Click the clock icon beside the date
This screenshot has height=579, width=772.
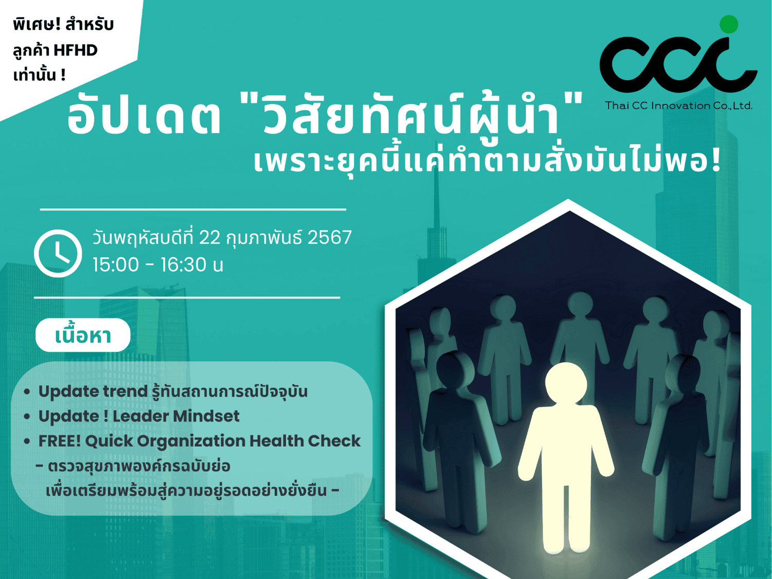(x=58, y=253)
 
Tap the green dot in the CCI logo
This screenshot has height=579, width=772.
(x=729, y=24)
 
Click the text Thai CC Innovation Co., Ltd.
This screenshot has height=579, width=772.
(x=679, y=106)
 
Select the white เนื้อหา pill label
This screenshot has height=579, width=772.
(x=83, y=335)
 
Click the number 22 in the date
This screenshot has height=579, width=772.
(x=209, y=237)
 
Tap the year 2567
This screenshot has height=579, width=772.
(x=329, y=237)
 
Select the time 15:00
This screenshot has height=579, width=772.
(x=116, y=265)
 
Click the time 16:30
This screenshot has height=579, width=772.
(x=184, y=265)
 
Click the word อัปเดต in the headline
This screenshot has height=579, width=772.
(x=144, y=116)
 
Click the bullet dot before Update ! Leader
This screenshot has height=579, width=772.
(x=27, y=416)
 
